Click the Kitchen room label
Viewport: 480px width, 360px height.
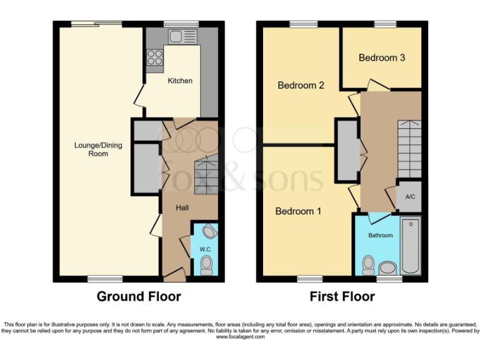point(180,81)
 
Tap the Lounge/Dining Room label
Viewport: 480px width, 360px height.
point(98,149)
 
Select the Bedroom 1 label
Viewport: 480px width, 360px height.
point(298,211)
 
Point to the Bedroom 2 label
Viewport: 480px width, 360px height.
point(301,85)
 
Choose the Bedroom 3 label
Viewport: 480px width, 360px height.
point(382,57)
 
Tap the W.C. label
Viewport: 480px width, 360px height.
point(206,249)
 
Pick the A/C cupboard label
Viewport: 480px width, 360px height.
point(410,197)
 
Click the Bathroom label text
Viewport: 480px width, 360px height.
point(380,236)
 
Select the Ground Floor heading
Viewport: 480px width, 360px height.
point(138,296)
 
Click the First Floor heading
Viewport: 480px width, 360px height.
point(342,296)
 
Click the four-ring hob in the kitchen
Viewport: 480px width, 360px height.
point(154,57)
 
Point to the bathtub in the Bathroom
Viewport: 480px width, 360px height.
point(411,245)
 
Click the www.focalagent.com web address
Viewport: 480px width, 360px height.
point(240,337)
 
